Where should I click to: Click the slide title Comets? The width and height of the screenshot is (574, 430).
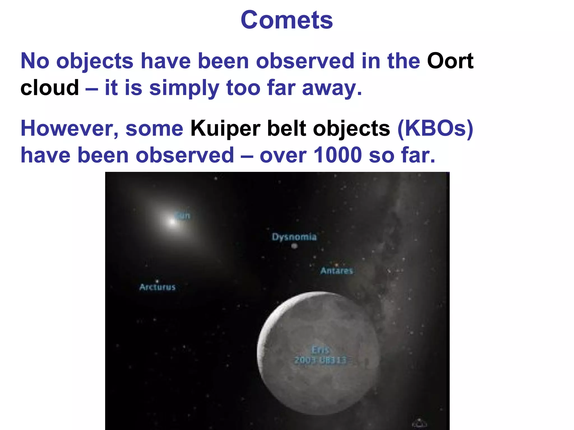coord(286,20)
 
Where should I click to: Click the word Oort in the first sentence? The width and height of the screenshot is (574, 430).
coord(450,61)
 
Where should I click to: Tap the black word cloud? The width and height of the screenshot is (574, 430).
coord(50,88)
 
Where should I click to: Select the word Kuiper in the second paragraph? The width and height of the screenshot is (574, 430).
coord(225,129)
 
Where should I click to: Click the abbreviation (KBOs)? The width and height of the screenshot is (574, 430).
coord(435,129)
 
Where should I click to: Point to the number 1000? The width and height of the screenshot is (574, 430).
coord(337,155)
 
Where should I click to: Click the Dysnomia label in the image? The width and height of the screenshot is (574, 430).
coord(294,237)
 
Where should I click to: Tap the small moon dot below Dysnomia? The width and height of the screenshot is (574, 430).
coord(294,246)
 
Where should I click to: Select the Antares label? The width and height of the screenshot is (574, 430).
coord(337,271)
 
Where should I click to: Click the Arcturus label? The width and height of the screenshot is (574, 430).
coord(157,287)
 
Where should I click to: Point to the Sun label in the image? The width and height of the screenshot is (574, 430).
coord(183,216)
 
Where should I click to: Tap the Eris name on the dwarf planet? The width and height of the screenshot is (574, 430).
coord(321,350)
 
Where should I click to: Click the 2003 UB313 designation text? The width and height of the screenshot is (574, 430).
coord(320,360)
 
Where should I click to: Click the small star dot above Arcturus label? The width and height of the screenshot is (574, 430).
coord(157,281)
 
